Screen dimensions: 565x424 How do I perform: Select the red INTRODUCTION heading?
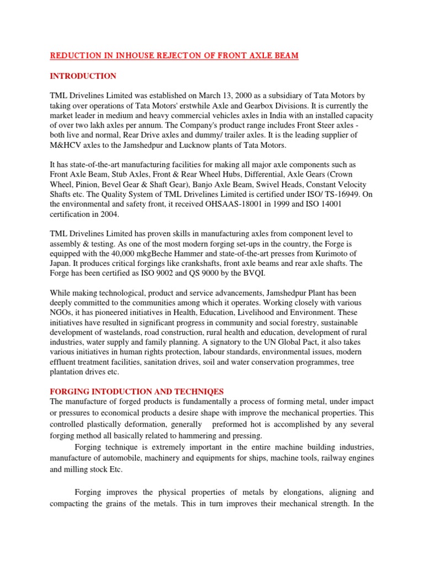[83, 76]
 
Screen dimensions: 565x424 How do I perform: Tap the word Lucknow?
[232, 146]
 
